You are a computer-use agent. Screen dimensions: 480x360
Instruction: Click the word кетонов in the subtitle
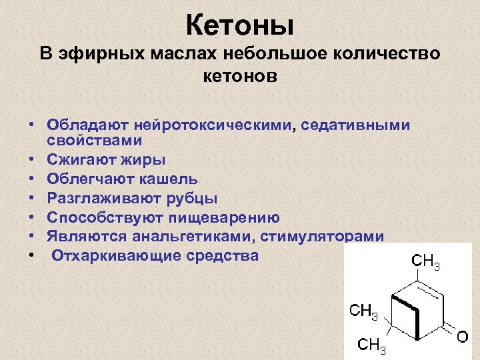point(240,76)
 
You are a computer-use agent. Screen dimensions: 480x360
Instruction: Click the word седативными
point(354,125)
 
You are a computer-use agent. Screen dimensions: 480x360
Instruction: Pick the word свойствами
point(94,140)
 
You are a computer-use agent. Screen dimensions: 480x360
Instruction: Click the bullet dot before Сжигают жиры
point(31,160)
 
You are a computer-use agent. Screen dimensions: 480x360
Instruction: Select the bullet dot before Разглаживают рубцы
point(31,199)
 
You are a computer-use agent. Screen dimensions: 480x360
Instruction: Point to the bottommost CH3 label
point(371,345)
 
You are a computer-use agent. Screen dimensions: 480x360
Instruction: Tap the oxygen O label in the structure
point(461,338)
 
